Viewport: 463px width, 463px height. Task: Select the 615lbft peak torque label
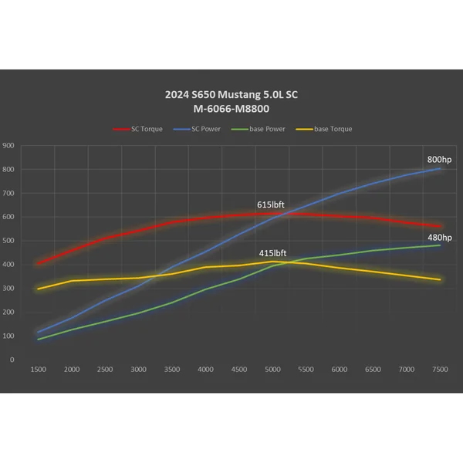270,204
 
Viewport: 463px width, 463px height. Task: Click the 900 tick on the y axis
8,145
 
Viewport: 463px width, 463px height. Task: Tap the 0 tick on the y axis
12,360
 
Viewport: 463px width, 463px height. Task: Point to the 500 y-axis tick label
8,241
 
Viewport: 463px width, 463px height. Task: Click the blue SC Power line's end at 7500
440,168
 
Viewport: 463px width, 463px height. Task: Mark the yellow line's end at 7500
440,279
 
